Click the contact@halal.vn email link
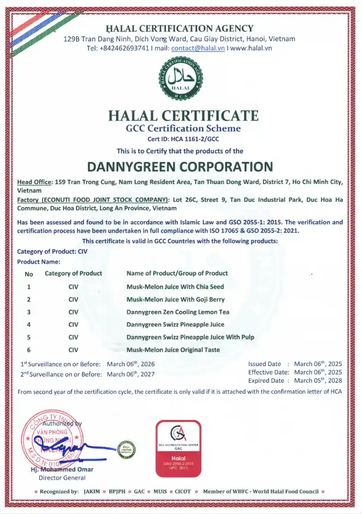click(x=198, y=48)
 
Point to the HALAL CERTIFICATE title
click(x=183, y=115)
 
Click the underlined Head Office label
click(x=34, y=182)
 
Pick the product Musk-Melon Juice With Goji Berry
click(x=175, y=300)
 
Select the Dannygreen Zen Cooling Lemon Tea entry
click(x=178, y=312)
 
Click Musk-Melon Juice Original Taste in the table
click(x=173, y=350)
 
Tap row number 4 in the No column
click(x=29, y=324)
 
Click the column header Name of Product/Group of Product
click(x=177, y=273)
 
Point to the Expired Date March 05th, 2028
click(x=318, y=381)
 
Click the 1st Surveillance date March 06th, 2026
click(x=131, y=364)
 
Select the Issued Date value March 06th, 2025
click(x=318, y=364)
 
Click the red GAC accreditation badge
click(x=178, y=447)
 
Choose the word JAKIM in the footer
click(x=92, y=491)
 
